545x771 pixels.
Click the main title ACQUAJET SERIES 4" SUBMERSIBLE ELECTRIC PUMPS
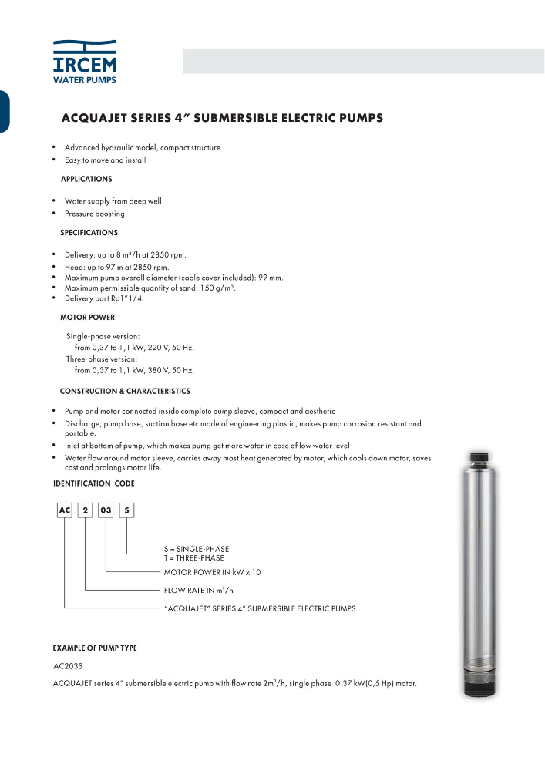click(222, 119)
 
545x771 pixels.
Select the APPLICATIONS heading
click(86, 179)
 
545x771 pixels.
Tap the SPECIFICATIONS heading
click(89, 232)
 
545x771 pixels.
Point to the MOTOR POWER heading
click(88, 317)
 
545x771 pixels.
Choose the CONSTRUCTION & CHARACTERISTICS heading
click(125, 391)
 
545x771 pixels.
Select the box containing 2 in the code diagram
click(85, 511)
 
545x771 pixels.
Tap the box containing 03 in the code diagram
click(106, 511)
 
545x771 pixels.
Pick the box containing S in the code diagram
click(126, 511)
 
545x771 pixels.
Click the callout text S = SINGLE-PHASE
click(197, 549)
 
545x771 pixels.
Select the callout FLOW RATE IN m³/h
click(199, 591)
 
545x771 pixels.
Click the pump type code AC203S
click(67, 665)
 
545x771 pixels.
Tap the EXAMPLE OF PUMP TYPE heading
click(95, 648)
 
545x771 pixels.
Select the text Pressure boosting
click(96, 214)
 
